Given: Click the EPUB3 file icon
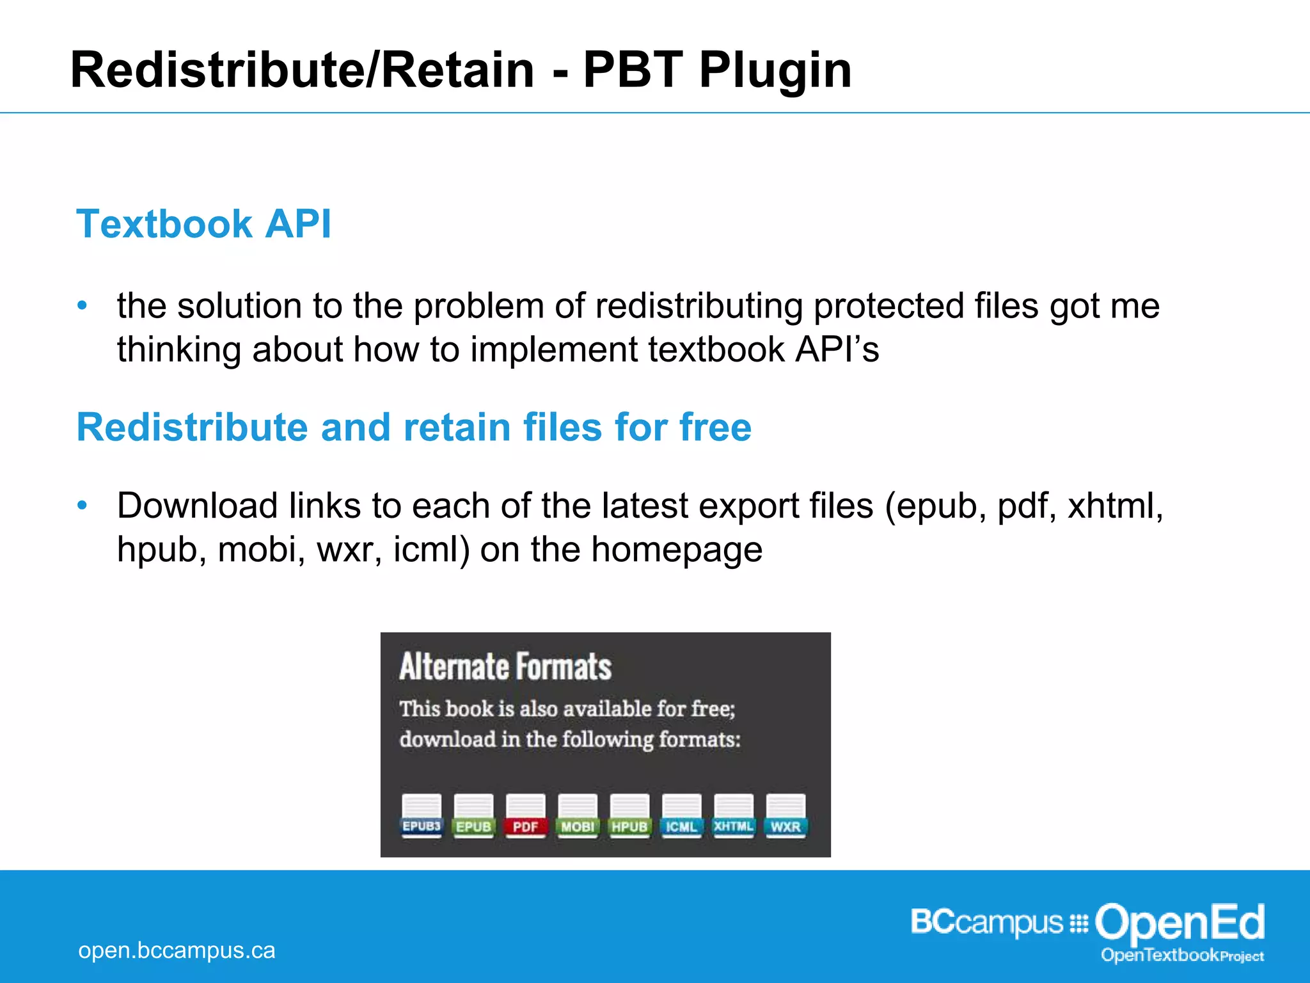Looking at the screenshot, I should pos(422,815).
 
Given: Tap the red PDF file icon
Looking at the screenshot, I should pos(525,815).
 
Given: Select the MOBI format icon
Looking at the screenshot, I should pos(578,815).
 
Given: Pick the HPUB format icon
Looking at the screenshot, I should pos(629,815).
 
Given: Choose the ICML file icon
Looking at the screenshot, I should pos(681,815).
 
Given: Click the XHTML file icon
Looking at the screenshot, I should pos(734,815).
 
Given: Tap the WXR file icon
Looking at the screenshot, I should pos(785,815).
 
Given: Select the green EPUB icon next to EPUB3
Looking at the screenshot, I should pos(473,815).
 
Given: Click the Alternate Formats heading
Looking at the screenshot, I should pos(505,667).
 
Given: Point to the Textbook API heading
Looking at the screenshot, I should pos(203,224).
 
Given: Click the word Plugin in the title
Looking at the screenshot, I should pos(775,70).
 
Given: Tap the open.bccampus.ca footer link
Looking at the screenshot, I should pos(177,950).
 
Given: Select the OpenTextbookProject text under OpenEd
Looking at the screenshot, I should pos(1182,955).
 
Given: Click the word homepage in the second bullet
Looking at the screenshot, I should pos(676,550).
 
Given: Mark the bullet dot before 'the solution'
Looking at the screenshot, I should pos(82,306).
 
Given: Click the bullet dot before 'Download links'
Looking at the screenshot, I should pos(82,506).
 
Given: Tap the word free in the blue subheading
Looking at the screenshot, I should pos(715,427).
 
